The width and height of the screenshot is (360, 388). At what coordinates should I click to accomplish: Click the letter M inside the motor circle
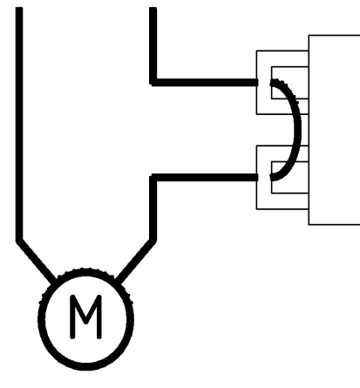(x=85, y=317)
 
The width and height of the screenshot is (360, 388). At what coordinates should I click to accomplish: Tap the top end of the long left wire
(x=19, y=8)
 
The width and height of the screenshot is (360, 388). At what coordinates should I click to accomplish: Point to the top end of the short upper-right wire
(x=153, y=8)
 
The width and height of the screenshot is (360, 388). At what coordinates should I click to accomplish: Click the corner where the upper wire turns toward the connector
(x=153, y=82)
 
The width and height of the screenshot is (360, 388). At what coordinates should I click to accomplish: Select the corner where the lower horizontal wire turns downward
(x=153, y=178)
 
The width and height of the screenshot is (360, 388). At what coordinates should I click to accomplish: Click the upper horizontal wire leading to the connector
(x=204, y=82)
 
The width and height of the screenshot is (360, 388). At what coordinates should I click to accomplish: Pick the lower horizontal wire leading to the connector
(x=204, y=178)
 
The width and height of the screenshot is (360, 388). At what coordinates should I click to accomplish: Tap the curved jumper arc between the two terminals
(x=297, y=128)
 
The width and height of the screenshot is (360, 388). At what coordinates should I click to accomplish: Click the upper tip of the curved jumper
(x=272, y=83)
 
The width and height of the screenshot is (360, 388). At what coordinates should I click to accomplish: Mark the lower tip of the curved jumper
(x=272, y=177)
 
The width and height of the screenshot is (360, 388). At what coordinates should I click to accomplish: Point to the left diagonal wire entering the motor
(x=36, y=261)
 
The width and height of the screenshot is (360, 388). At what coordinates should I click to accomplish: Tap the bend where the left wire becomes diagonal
(x=19, y=241)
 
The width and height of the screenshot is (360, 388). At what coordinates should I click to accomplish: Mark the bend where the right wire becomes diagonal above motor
(x=153, y=241)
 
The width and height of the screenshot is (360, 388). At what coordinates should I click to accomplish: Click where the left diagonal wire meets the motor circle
(x=53, y=281)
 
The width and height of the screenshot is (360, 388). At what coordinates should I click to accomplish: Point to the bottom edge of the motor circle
(x=85, y=367)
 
